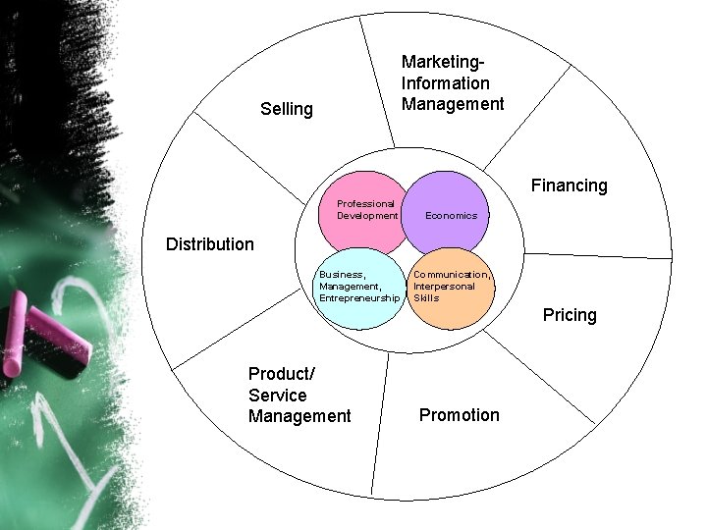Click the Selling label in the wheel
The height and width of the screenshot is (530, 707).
point(287,109)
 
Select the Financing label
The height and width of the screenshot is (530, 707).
point(569,185)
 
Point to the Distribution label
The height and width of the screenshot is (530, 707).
point(209,244)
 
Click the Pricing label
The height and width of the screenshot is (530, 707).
point(570,315)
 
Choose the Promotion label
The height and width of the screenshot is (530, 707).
point(459,415)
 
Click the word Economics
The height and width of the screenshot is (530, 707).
point(451,216)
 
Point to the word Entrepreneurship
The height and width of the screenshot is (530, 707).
point(359,297)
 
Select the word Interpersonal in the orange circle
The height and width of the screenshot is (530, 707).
point(444,287)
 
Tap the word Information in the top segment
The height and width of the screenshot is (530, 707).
point(445,83)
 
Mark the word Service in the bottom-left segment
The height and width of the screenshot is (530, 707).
point(277,396)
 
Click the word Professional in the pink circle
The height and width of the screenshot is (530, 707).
point(365,204)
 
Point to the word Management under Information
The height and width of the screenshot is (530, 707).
point(453,104)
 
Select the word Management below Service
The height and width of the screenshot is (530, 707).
point(299,417)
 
